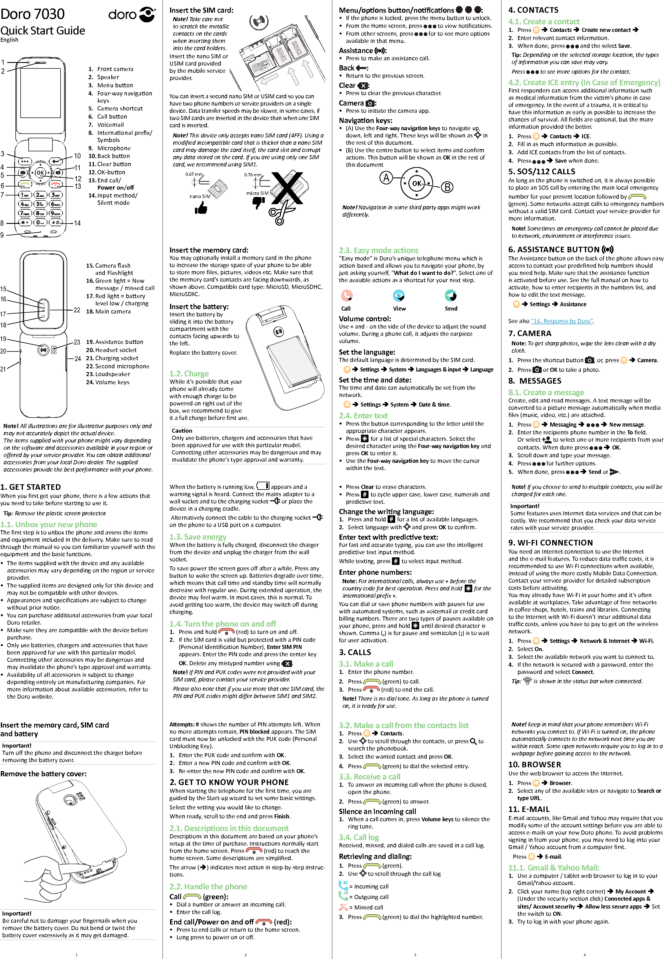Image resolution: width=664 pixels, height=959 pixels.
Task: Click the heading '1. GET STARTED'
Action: coord(31,487)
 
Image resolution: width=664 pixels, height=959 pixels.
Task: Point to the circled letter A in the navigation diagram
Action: coord(386,178)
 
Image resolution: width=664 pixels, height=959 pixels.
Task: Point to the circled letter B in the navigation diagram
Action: coord(447,187)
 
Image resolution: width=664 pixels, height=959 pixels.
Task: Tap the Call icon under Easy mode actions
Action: coord(346,296)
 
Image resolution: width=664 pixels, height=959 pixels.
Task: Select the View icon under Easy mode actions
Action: coord(399,296)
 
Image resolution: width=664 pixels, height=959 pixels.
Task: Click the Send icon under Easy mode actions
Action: coord(450,296)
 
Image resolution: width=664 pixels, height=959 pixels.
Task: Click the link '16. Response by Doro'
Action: coord(562,321)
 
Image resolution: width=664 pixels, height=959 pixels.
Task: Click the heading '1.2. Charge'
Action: coord(189,374)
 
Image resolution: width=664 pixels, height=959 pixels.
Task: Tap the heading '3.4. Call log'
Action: coord(359,837)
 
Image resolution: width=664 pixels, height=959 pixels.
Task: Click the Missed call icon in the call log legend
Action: coord(343,907)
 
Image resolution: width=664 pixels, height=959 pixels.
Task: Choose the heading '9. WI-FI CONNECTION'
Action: coord(550,543)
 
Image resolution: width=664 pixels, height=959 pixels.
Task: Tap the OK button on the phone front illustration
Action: coord(40,172)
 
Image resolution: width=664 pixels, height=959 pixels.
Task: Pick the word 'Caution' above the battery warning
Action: coord(182,431)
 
